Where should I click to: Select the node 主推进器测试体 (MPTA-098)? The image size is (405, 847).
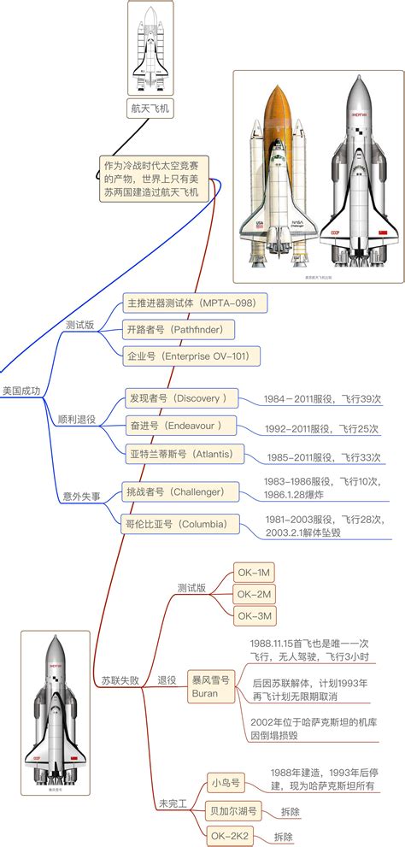click(x=196, y=303)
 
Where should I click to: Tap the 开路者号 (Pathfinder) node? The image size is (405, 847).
click(x=178, y=329)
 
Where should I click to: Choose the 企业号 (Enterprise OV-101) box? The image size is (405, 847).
click(x=193, y=355)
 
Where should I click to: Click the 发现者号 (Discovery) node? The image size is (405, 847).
click(x=178, y=398)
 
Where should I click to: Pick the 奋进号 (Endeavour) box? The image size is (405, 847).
click(x=174, y=425)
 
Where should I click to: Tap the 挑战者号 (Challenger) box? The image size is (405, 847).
click(x=176, y=491)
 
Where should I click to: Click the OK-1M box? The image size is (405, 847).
click(x=255, y=572)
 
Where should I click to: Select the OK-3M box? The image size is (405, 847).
click(x=255, y=615)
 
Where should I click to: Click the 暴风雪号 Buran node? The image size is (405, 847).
click(x=210, y=687)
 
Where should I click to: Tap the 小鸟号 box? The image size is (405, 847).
click(x=226, y=781)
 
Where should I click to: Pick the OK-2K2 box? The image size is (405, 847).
click(x=232, y=837)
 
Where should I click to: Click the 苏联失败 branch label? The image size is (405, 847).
click(x=120, y=680)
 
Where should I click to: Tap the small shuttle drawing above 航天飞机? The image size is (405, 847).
click(x=150, y=44)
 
